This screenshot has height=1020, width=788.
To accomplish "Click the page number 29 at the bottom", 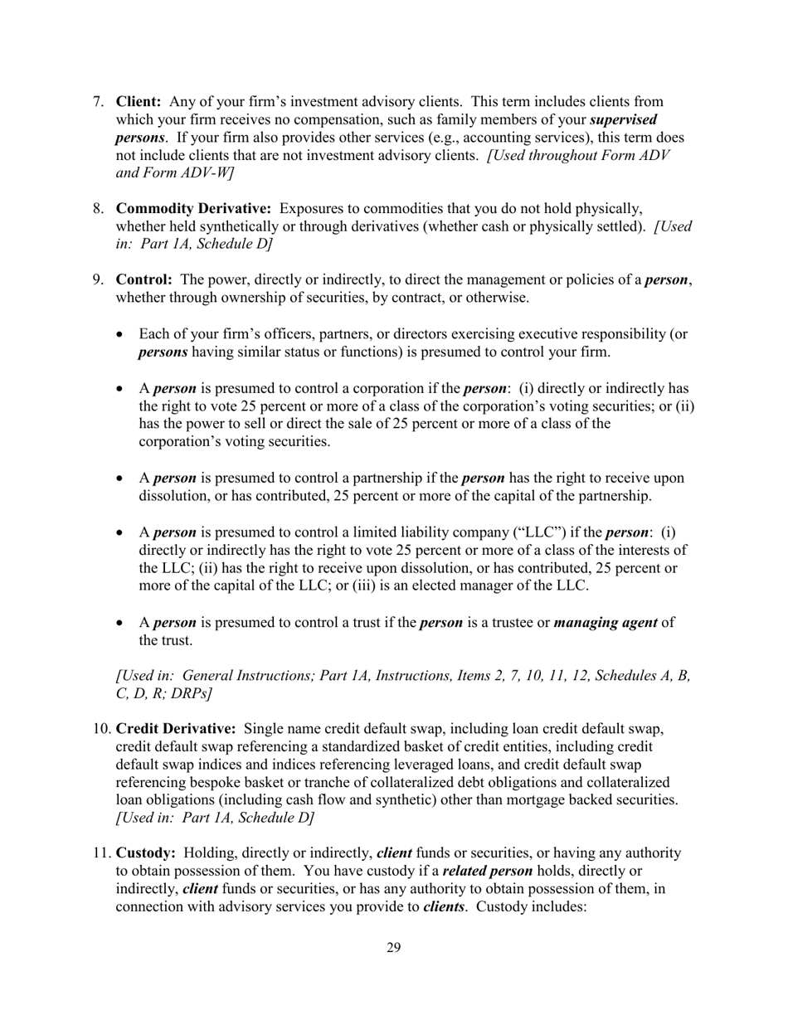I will (x=393, y=948).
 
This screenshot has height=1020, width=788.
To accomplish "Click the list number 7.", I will (x=97, y=102).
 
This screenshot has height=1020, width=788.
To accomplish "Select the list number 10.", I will (x=99, y=729).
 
